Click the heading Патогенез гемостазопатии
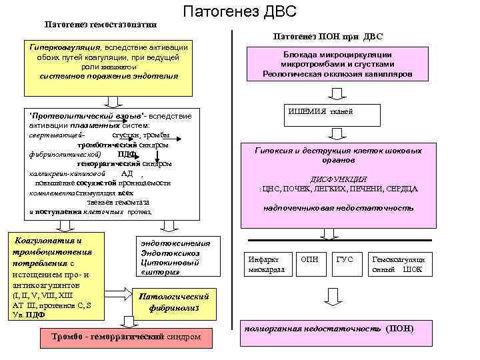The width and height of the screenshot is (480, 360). pos(100,25)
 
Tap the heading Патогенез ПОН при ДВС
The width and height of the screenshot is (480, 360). pos(327,37)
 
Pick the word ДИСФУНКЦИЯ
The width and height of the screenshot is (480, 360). pos(339,179)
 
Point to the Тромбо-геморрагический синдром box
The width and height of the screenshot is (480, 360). pos(126,336)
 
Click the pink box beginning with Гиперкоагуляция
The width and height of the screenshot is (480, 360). pos(109,61)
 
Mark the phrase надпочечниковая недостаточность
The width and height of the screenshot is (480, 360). pos(338,208)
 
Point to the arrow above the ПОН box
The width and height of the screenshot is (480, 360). pos(331,297)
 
